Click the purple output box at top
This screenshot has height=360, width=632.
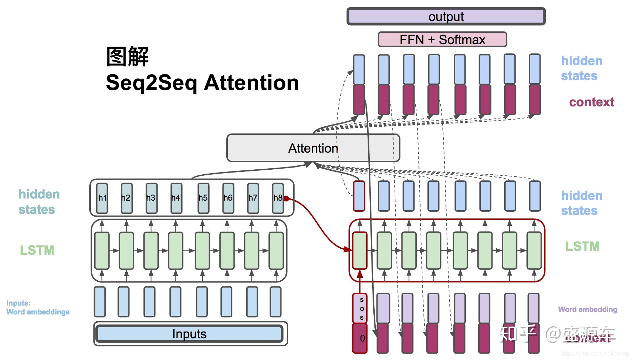(x=446, y=17)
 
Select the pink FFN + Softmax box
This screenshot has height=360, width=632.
(x=442, y=39)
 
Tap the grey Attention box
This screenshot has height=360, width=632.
(x=313, y=148)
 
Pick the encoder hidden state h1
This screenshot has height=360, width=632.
(x=102, y=198)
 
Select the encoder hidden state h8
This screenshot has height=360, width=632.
(x=278, y=198)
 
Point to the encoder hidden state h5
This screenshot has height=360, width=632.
(x=203, y=198)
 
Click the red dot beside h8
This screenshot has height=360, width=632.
(x=286, y=198)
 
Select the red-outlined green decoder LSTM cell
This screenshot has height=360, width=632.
(x=359, y=250)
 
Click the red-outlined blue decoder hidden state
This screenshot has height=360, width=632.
(x=359, y=196)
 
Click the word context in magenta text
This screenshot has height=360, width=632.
(x=591, y=102)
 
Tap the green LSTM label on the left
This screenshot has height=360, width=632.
(x=37, y=250)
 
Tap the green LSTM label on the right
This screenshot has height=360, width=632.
(x=582, y=246)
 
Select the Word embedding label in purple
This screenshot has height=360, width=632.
(x=587, y=309)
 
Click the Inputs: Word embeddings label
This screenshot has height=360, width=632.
(x=38, y=308)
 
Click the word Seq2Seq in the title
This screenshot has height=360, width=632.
(x=151, y=83)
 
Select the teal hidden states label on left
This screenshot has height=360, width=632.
(x=39, y=202)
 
